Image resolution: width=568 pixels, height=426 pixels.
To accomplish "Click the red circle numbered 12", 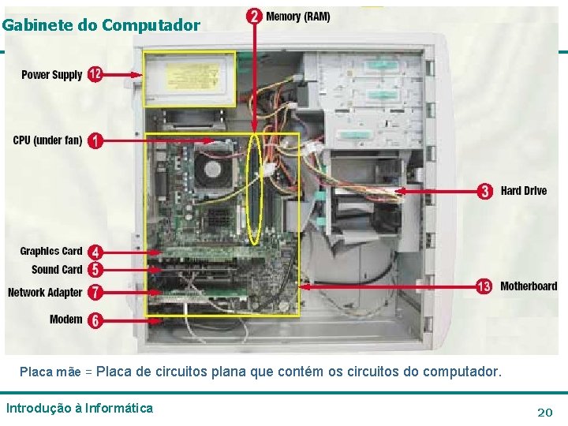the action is [x=95, y=75].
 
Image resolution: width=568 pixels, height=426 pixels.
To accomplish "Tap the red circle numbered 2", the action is [x=254, y=17].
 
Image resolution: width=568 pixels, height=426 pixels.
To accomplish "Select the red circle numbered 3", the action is [x=485, y=191].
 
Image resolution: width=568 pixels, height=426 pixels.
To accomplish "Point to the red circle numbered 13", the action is [x=484, y=286].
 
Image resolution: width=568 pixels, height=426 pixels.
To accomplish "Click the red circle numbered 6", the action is [x=95, y=320].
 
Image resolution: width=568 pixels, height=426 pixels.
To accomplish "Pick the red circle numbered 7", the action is [x=95, y=292].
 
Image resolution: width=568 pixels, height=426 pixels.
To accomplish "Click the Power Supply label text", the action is [x=52, y=75].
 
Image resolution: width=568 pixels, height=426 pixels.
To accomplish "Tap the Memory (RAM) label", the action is [x=297, y=17].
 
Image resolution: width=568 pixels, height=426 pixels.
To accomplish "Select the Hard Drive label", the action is [x=524, y=191].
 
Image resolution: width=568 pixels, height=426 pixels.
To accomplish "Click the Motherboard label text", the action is [x=529, y=286].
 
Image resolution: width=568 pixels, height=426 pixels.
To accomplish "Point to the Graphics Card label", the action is [x=51, y=251].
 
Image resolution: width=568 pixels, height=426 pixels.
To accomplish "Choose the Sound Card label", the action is [x=57, y=270].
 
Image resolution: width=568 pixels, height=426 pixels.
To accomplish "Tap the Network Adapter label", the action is [x=45, y=293].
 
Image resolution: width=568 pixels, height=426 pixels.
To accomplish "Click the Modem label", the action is [x=66, y=319].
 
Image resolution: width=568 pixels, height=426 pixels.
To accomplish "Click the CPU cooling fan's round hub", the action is [x=213, y=169].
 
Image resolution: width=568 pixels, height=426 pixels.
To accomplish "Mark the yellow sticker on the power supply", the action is [x=192, y=77].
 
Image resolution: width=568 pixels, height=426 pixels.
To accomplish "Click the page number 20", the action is [x=545, y=413].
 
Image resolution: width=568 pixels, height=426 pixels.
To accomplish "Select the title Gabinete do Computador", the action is [x=101, y=25].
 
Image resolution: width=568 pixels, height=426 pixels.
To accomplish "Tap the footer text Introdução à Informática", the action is [x=80, y=409].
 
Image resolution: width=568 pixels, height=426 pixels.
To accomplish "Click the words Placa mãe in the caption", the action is [x=50, y=372].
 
